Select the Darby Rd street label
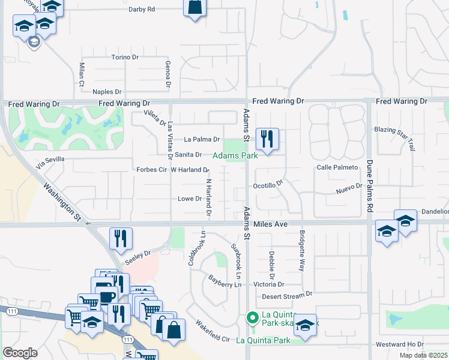142,10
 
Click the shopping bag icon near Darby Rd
194,7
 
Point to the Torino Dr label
125,58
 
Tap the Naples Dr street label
107,92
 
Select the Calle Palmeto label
337,167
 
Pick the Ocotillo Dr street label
268,186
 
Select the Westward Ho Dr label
399,345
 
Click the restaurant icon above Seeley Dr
121,238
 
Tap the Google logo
20,352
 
